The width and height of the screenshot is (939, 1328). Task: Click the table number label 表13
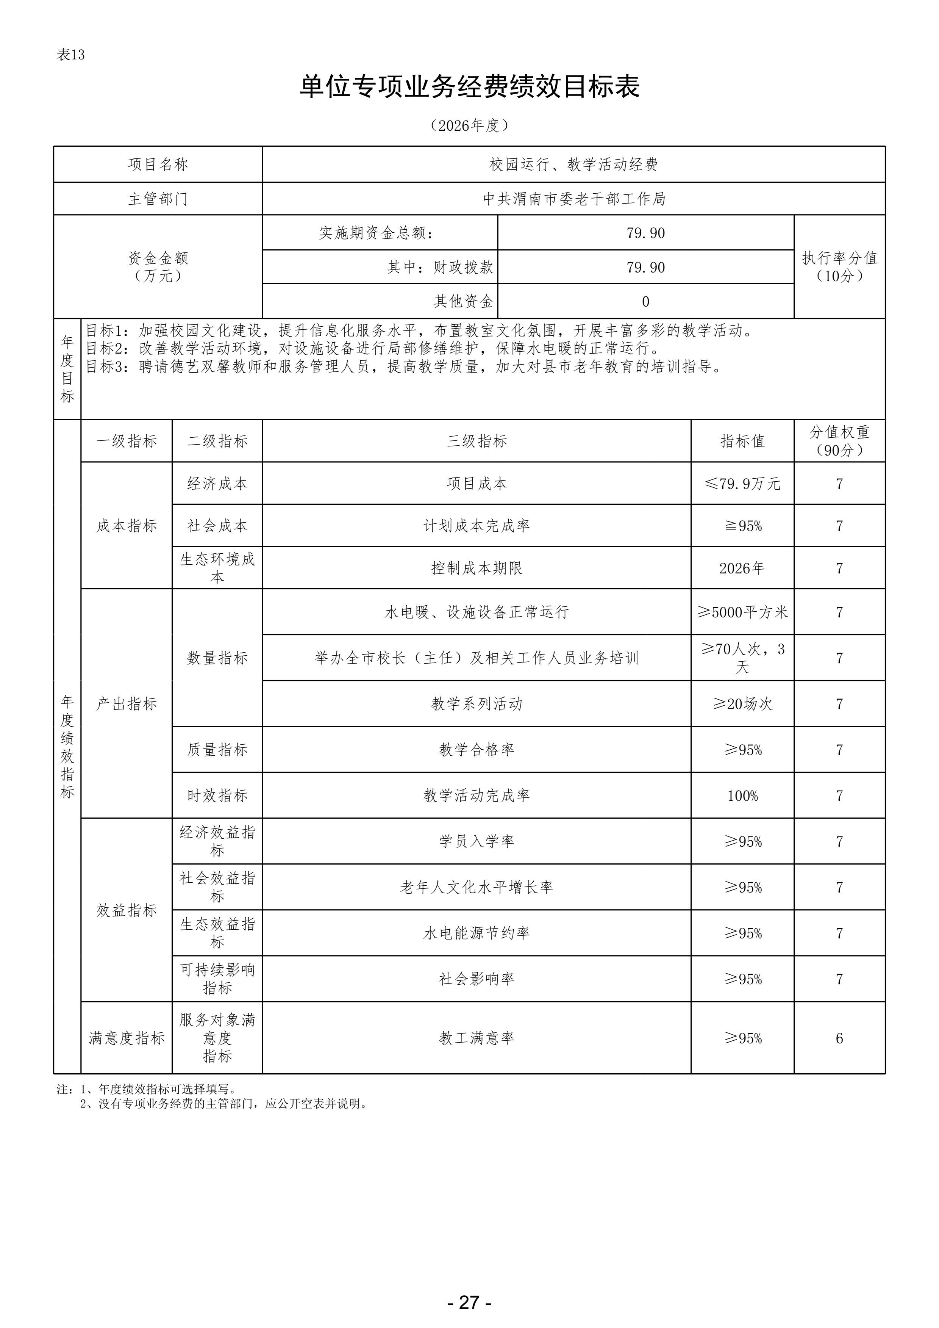point(70,55)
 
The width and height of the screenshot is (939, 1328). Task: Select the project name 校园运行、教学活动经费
point(573,165)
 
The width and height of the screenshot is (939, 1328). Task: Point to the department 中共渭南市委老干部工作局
point(573,199)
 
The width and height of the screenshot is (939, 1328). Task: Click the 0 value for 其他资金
point(645,301)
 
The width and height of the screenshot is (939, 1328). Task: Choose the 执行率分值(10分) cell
point(839,267)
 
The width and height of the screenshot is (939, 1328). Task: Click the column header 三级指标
point(477,441)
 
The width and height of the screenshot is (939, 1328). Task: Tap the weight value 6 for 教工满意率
point(839,1038)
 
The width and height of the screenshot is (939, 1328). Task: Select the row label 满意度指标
point(127,1038)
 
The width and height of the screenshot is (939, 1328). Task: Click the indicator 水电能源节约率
point(477,933)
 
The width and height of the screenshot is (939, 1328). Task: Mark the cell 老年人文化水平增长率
point(477,887)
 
